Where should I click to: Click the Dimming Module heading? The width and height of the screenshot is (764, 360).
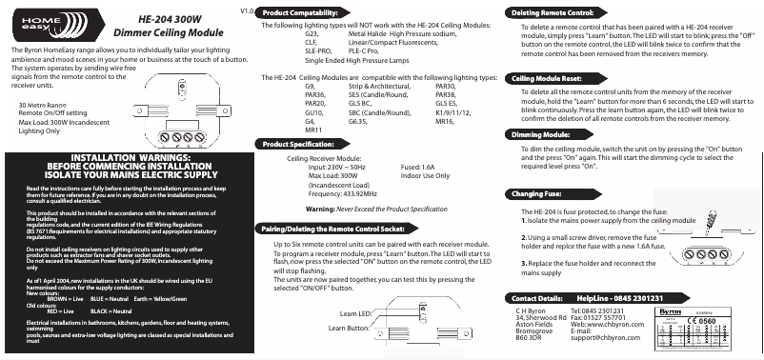pyautogui.click(x=541, y=135)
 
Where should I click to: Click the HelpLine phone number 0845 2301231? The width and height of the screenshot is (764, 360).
pyautogui.click(x=620, y=298)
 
